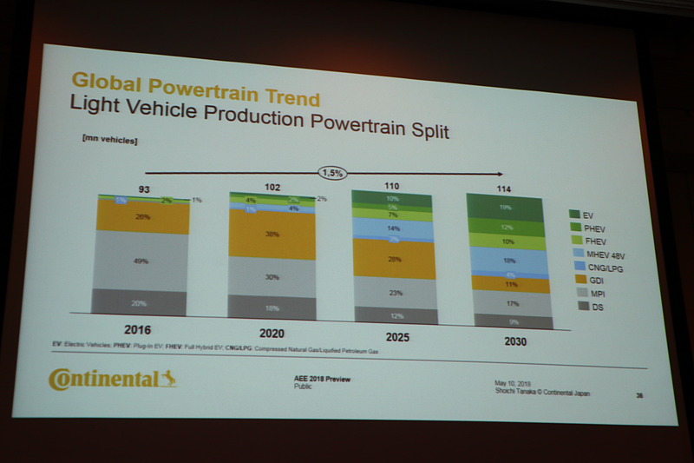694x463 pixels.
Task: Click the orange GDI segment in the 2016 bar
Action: click(x=142, y=216)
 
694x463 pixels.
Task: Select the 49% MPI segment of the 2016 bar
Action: click(x=141, y=261)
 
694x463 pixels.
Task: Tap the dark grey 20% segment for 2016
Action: click(x=139, y=302)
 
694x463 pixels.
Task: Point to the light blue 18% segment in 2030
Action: click(x=509, y=260)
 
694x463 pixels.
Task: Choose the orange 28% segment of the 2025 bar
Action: click(x=394, y=260)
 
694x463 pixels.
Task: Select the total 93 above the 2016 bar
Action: click(x=145, y=189)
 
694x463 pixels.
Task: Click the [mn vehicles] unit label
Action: click(x=110, y=139)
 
